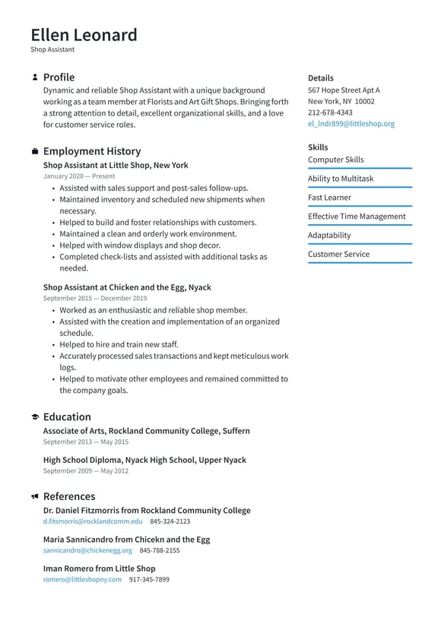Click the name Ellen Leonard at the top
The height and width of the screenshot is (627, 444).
(x=84, y=35)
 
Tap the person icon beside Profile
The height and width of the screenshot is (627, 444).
(x=35, y=78)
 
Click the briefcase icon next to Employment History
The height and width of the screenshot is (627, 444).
(x=35, y=152)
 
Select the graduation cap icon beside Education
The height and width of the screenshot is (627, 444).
(x=35, y=417)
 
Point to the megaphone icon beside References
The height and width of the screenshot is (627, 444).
(x=35, y=497)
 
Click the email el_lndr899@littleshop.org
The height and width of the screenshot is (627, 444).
(x=351, y=124)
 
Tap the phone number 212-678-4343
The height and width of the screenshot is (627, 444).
(x=330, y=112)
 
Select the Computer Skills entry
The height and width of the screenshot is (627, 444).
(x=335, y=160)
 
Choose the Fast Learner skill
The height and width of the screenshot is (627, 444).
(x=329, y=198)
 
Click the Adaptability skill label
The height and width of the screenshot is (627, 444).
(x=329, y=236)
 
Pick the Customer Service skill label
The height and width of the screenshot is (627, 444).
(x=338, y=255)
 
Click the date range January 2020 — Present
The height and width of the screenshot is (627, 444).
(x=79, y=176)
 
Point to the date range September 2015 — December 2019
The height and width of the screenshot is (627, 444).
(x=95, y=299)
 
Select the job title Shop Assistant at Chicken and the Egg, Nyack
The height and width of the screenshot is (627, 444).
(x=127, y=287)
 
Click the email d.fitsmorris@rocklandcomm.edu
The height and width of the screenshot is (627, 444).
(x=93, y=521)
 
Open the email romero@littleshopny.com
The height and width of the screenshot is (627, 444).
(x=82, y=579)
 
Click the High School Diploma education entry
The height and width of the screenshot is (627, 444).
(x=144, y=460)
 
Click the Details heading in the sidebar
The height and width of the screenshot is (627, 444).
(x=320, y=78)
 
